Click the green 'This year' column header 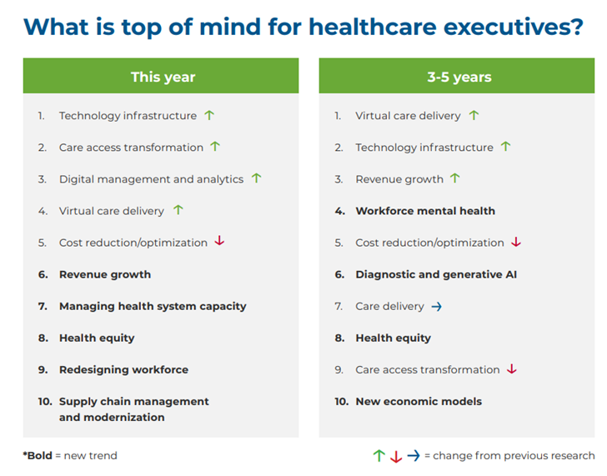(x=162, y=77)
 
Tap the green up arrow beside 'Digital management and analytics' (x=256, y=178)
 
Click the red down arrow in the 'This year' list (x=219, y=242)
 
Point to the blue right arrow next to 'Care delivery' (x=436, y=307)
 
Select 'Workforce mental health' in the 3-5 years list (x=424, y=211)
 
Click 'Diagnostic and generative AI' (x=436, y=274)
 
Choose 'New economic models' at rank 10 (x=419, y=401)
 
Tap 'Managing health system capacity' (x=153, y=306)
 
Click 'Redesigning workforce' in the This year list (x=123, y=369)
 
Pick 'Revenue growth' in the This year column (x=105, y=274)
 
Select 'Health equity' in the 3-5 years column (x=393, y=338)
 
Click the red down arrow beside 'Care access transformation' (x=512, y=369)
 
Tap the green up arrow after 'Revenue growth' (x=454, y=178)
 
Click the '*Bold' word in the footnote (x=37, y=455)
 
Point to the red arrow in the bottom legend (x=396, y=456)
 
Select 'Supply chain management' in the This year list (x=133, y=401)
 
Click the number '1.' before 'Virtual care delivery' (x=339, y=116)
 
